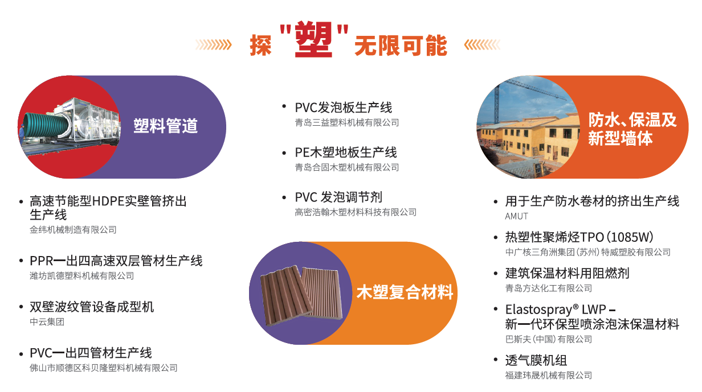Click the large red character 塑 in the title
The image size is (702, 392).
[x=313, y=39]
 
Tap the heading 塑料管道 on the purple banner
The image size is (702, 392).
[x=165, y=126]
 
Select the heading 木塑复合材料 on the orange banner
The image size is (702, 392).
[x=405, y=292]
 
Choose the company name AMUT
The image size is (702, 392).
[x=516, y=216]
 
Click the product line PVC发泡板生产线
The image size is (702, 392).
[x=343, y=108]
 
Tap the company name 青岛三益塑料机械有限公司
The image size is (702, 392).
[x=346, y=122]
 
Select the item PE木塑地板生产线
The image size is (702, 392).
[x=346, y=152]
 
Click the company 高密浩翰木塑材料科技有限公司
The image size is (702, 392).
[x=356, y=212]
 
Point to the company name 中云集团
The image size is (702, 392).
[x=47, y=321]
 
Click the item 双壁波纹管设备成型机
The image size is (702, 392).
[x=92, y=307]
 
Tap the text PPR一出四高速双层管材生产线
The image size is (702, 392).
[x=116, y=261]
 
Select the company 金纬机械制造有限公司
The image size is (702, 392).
[x=73, y=230]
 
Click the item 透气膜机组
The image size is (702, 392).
[x=536, y=360]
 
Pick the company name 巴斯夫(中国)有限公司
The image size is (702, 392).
[x=548, y=339]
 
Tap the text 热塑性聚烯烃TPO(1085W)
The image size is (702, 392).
[x=579, y=237]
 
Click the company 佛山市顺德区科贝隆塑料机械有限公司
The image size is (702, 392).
[x=104, y=368]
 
